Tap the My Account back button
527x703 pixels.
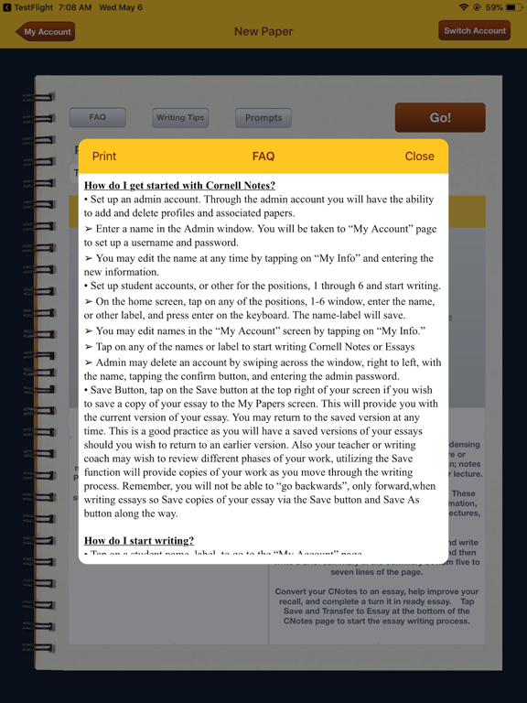[x=45, y=31]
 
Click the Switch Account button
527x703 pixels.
[x=474, y=30]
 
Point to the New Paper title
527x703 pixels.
[x=263, y=31]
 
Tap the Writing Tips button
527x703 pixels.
[x=180, y=117]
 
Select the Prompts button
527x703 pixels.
[x=263, y=117]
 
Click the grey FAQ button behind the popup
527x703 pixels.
[x=98, y=117]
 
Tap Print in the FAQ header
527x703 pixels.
[x=104, y=157]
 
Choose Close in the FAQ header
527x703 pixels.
[x=419, y=157]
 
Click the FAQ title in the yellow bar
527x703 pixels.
[x=263, y=157]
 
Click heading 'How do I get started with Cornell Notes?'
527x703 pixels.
[x=179, y=186]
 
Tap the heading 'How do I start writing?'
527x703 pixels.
[x=139, y=541]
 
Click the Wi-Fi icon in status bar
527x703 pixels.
[x=464, y=7]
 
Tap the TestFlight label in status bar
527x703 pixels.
[x=33, y=7]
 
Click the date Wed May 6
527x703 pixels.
[x=121, y=7]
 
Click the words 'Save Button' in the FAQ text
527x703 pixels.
[x=117, y=390]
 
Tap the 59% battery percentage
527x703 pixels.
[x=493, y=7]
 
